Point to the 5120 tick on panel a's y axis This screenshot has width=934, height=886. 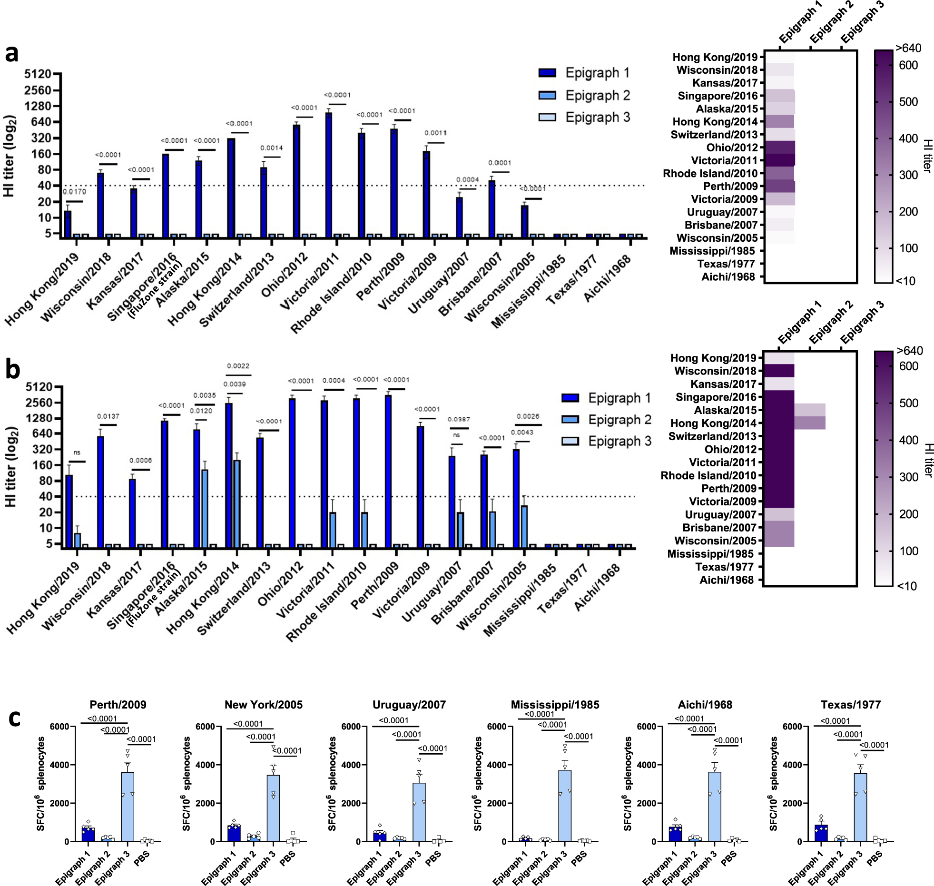click(38, 74)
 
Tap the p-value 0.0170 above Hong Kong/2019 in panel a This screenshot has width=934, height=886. click(74, 192)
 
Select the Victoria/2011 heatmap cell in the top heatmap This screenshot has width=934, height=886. click(780, 160)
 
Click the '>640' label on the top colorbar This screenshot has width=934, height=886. click(908, 48)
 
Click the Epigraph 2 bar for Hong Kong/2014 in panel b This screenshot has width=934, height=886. click(236, 503)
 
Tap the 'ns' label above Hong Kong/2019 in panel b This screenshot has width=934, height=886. click(77, 453)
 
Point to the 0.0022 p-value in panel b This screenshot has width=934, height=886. click(238, 366)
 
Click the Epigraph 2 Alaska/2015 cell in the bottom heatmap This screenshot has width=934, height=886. click(809, 410)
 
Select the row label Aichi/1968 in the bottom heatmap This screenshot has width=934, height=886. click(727, 580)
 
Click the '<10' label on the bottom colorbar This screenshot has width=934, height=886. click(906, 586)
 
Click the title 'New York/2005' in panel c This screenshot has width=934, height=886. click(264, 705)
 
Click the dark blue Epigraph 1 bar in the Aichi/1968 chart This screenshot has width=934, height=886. click(675, 834)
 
